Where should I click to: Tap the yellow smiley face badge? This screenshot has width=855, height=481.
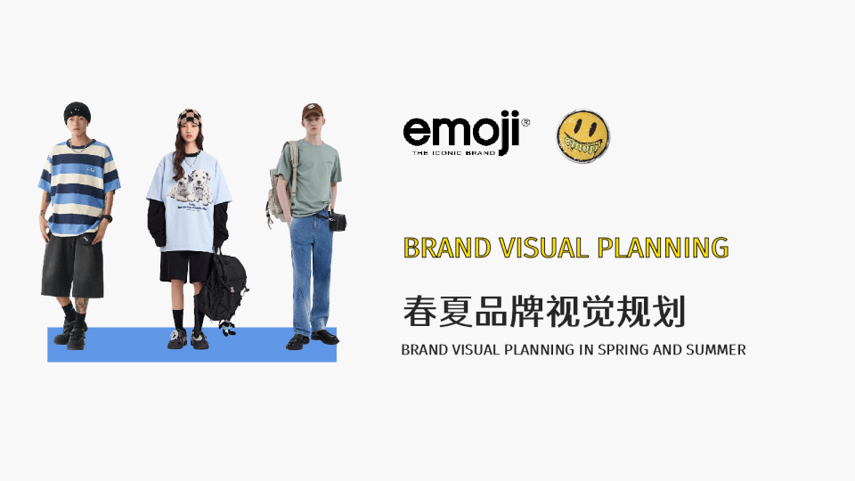click(x=583, y=136)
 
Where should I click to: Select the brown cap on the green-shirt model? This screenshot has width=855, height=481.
click(x=311, y=112)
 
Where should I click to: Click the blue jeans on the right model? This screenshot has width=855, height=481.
click(x=312, y=267)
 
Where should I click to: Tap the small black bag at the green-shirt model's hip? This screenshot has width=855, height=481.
click(x=338, y=221)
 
